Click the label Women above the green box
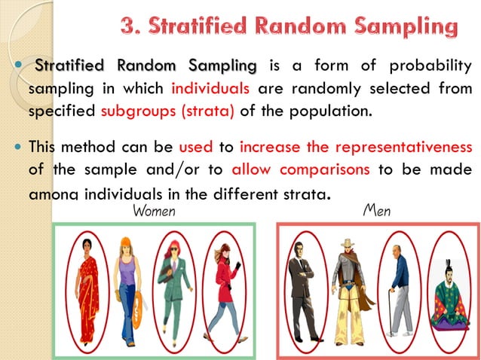click(x=154, y=212)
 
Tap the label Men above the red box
click(x=377, y=212)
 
